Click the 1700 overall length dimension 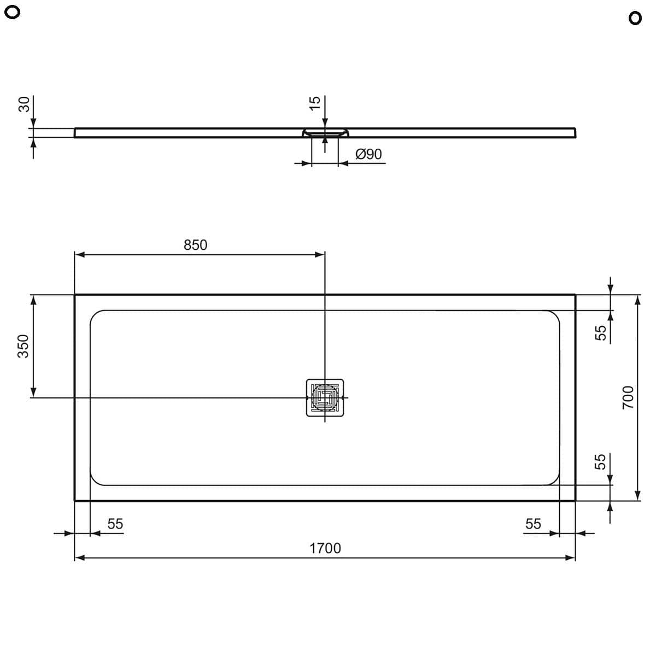(325, 548)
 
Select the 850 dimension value (195, 245)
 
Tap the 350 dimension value (23, 346)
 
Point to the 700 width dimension (628, 397)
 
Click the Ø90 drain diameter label (368, 154)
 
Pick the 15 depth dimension (315, 103)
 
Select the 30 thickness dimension (24, 104)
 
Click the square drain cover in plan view (325, 397)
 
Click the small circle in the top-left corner (12, 13)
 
